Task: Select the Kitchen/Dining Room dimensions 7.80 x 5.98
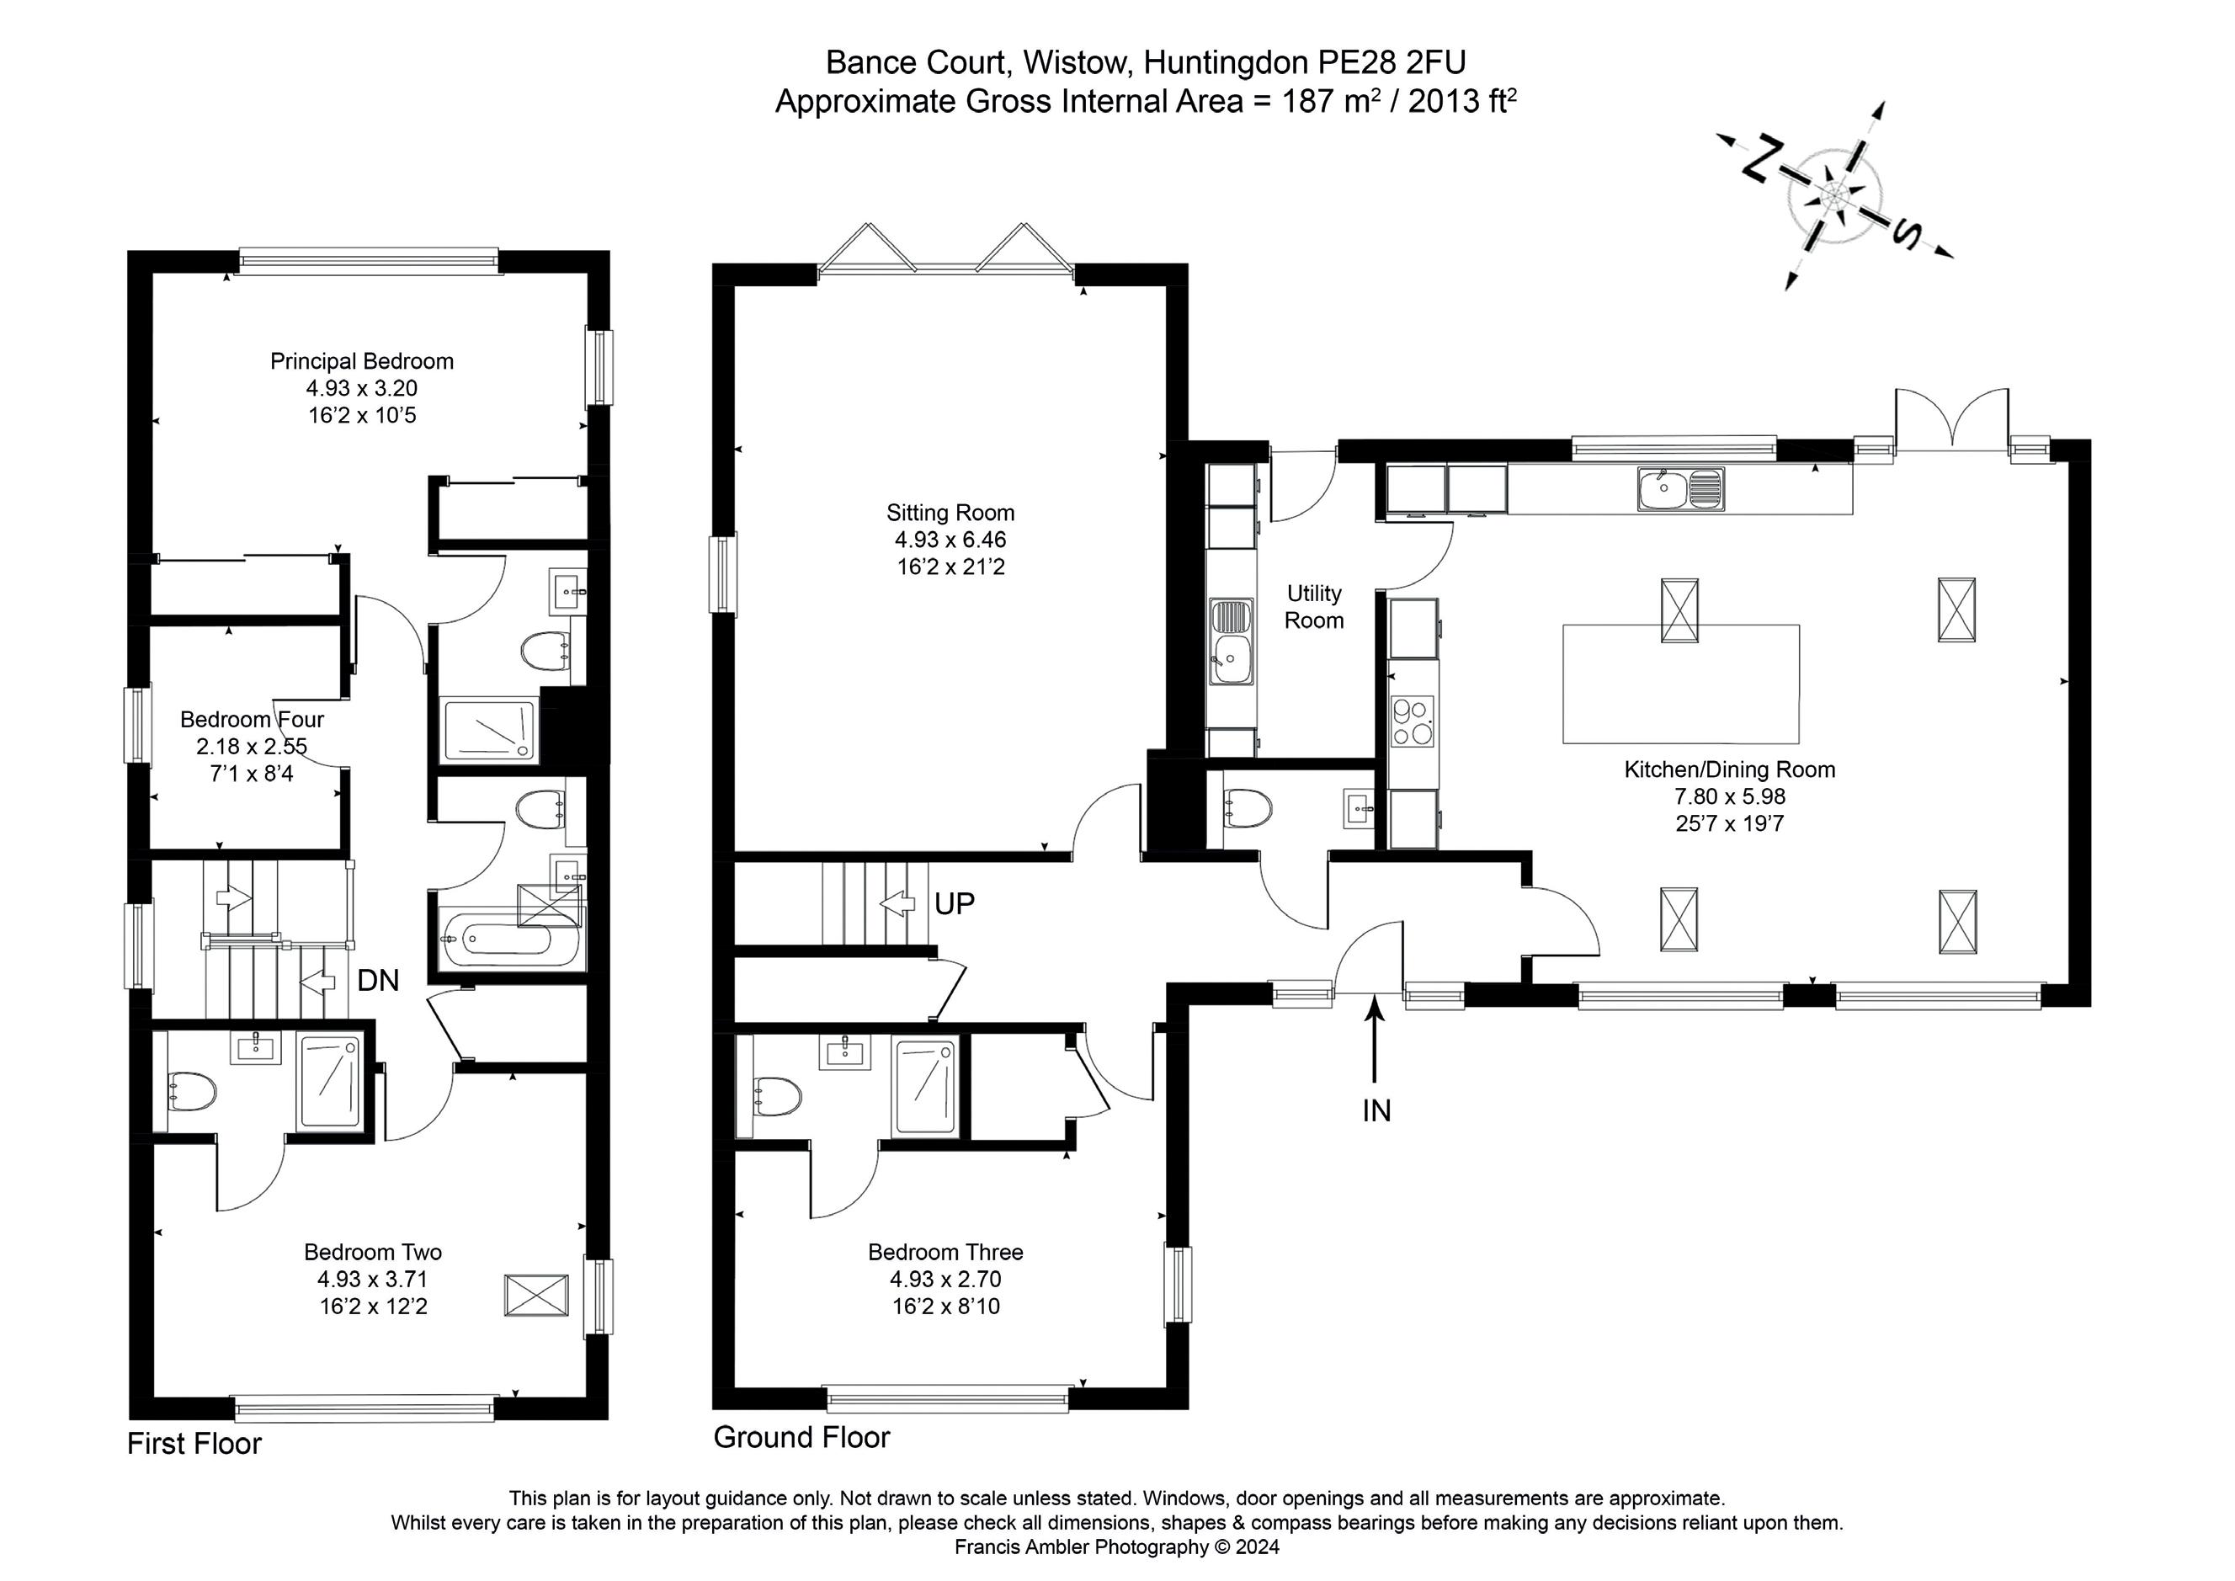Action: coord(1729,796)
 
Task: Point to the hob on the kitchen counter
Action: coord(1413,721)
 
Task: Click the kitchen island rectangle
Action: coord(1680,684)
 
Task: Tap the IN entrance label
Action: coord(1376,1110)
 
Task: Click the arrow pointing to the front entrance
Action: coord(1375,1041)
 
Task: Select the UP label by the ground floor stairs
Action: coord(954,904)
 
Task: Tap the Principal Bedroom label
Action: coord(361,361)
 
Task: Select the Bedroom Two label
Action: coord(373,1252)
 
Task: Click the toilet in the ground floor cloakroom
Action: coord(1247,808)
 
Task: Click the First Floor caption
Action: coord(194,1443)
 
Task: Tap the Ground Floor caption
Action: coord(801,1437)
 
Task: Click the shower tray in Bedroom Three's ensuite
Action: coord(928,1089)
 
